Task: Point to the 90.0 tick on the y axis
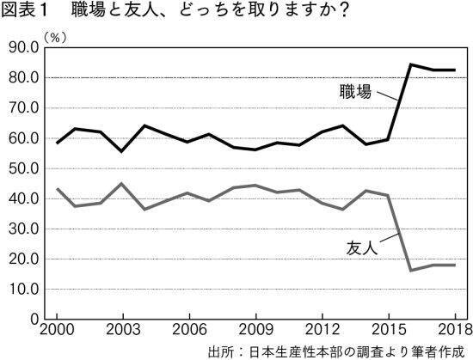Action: click(x=21, y=48)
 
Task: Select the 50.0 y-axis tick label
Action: click(x=21, y=168)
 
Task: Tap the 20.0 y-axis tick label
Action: click(x=21, y=259)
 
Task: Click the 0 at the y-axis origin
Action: click(x=33, y=320)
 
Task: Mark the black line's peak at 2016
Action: click(x=410, y=64)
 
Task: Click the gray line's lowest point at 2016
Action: click(x=410, y=270)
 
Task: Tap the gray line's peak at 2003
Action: click(x=121, y=183)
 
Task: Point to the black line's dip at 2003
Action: click(x=121, y=151)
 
